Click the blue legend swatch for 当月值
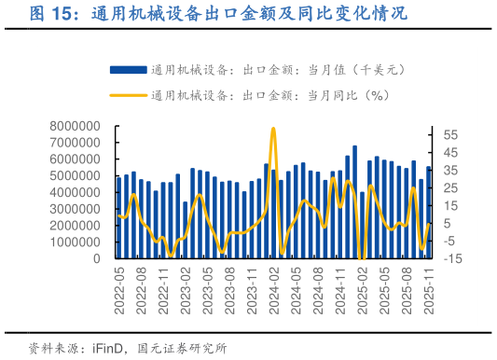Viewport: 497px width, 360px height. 128,69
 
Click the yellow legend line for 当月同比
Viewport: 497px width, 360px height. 128,95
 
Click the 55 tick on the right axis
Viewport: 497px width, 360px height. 450,135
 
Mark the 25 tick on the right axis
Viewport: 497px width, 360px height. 450,188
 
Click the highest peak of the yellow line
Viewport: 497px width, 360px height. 273,129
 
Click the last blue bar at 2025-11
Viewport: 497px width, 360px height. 429,213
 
